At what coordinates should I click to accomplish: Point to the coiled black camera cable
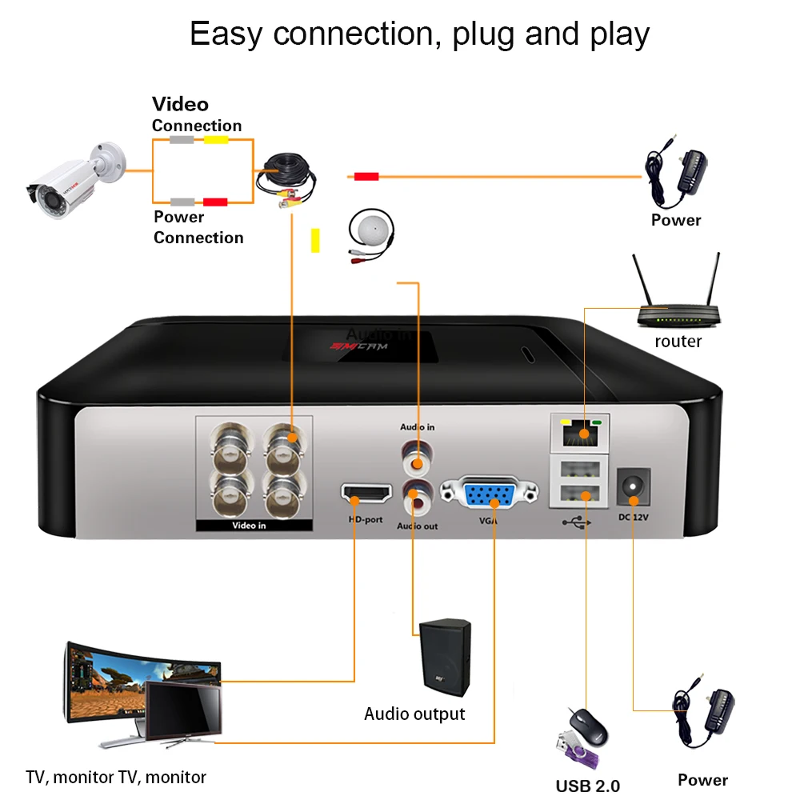click(x=287, y=180)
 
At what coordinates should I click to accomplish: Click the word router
click(x=678, y=342)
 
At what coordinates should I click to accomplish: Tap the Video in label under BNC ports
click(x=249, y=526)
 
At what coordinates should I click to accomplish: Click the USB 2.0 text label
click(x=588, y=786)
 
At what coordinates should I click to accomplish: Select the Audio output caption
click(x=414, y=714)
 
